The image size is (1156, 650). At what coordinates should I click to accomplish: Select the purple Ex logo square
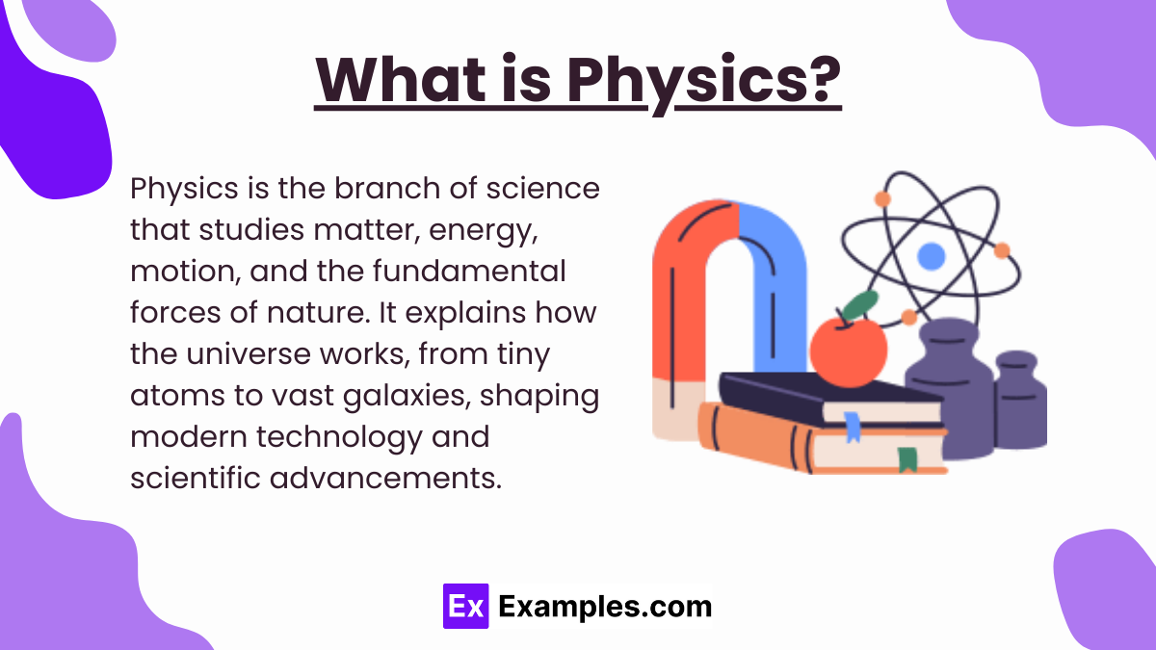click(465, 606)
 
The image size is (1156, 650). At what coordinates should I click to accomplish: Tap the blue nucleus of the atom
click(931, 256)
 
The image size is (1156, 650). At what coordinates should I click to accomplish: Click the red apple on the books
click(849, 351)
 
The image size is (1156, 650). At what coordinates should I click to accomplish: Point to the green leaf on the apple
click(861, 304)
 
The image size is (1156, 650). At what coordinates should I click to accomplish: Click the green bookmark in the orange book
click(907, 459)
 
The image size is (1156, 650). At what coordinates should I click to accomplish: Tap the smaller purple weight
click(1020, 401)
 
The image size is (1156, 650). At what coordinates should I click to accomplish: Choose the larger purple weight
click(949, 388)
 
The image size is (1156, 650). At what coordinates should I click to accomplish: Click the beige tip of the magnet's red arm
click(677, 410)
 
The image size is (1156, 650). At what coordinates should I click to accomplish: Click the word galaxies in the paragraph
click(407, 396)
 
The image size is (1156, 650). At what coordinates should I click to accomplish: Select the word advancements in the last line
click(385, 478)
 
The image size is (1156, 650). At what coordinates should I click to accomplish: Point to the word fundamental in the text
click(469, 271)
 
